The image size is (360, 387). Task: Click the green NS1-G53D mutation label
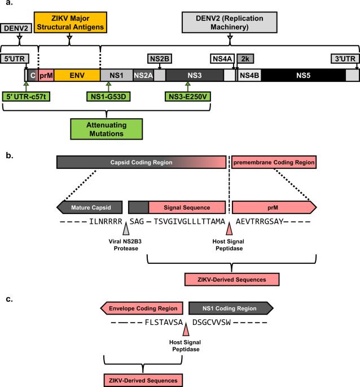(x=108, y=97)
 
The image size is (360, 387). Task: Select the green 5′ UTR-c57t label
(x=26, y=97)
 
